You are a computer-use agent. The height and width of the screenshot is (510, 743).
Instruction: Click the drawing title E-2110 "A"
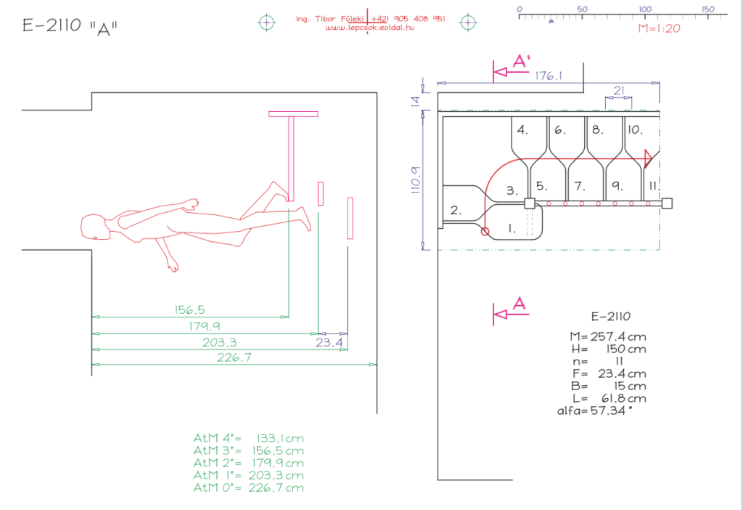point(70,28)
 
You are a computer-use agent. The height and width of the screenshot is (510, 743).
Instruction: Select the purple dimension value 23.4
point(329,342)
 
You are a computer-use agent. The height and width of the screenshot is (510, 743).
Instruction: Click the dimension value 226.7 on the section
point(234,357)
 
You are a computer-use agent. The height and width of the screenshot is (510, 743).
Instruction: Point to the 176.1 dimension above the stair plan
point(549,76)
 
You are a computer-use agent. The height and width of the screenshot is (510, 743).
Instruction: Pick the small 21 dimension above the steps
point(617,90)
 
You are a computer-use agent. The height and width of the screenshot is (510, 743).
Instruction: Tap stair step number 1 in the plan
point(512,228)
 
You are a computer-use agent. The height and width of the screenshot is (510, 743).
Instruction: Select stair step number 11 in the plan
point(653,185)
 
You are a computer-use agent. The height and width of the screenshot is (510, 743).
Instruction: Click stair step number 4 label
point(522,130)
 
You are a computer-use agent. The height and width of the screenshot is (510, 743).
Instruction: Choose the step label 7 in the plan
point(578,185)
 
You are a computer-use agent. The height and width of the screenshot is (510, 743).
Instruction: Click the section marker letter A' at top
point(520,62)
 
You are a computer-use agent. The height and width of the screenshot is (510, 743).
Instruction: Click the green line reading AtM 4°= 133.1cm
point(249,439)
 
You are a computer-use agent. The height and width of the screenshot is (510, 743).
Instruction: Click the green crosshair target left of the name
point(268,22)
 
